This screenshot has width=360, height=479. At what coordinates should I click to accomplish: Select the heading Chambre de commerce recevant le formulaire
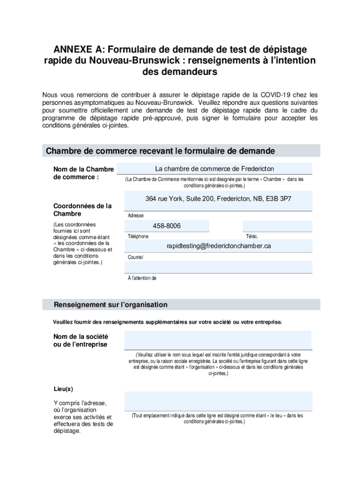pos(160,151)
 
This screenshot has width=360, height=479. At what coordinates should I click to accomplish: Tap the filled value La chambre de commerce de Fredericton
pos(215,168)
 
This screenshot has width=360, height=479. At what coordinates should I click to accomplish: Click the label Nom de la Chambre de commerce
pos(83,173)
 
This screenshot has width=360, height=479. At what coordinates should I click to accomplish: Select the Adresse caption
pos(136,216)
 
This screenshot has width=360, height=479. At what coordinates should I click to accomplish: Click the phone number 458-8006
pos(166,226)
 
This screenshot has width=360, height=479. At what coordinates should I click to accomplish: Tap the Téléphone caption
pos(138,236)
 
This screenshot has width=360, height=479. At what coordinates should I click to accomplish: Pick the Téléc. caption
pos(252,236)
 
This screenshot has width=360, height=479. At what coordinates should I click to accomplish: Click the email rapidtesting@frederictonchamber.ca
pos(219,246)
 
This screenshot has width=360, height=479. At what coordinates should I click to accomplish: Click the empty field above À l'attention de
pos(218,267)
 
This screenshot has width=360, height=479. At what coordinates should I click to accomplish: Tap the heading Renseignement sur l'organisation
pos(110,305)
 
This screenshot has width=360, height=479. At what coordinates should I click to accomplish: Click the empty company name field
pos(218,340)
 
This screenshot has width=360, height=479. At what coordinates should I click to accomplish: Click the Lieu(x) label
pos(63,389)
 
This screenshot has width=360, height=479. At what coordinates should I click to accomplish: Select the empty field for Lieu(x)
pos(218,401)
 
